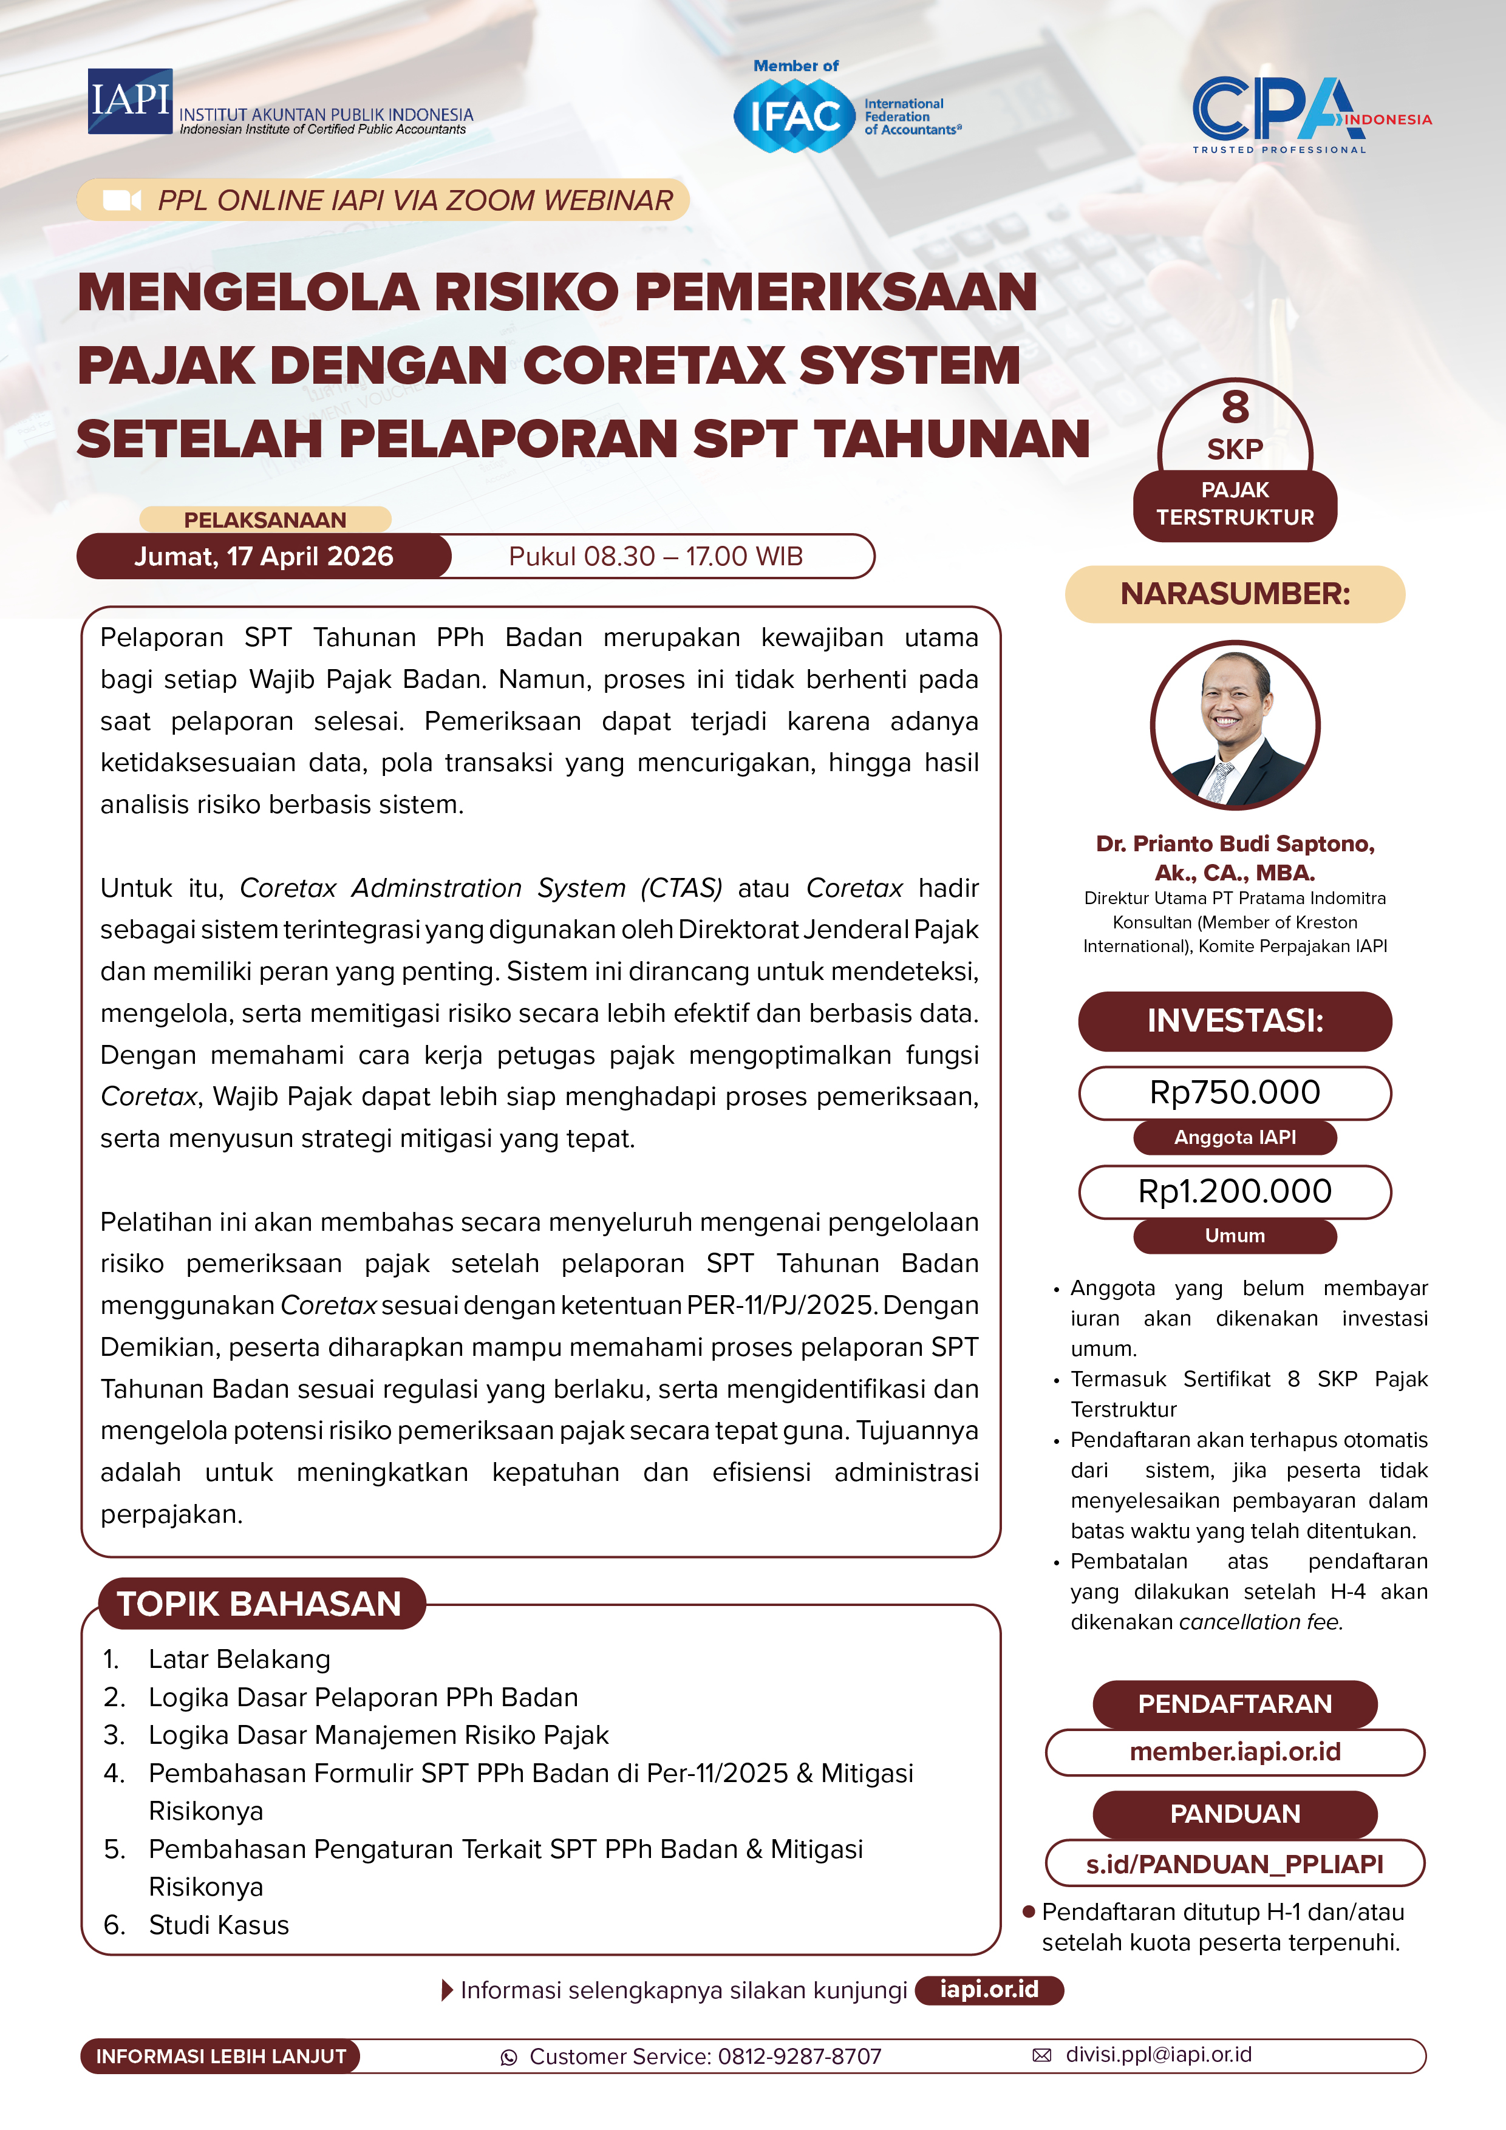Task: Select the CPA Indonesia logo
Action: [x=1309, y=113]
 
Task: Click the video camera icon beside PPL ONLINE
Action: [x=121, y=200]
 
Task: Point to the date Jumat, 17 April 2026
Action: [x=264, y=557]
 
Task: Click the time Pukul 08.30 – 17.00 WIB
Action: [x=655, y=557]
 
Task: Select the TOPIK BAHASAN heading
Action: [x=260, y=1604]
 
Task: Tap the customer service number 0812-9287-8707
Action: [x=799, y=2057]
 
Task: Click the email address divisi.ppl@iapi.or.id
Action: [x=1158, y=2055]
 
